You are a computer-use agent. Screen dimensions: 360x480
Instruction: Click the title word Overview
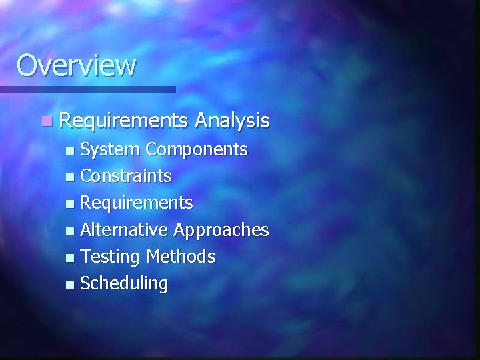pos(76,65)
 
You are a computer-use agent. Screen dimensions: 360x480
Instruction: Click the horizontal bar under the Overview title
pos(87,89)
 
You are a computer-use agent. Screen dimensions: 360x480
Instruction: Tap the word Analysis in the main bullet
pos(232,121)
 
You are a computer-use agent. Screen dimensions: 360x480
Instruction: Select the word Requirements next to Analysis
pos(124,121)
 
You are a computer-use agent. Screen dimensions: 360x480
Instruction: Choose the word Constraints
pos(126,177)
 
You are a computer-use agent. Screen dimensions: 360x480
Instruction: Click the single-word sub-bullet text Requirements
pos(137,203)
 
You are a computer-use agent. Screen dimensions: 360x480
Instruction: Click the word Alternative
pos(125,230)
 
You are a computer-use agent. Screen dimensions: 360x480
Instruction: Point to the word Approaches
pos(221,230)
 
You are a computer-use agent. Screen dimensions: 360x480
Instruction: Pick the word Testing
pos(111,257)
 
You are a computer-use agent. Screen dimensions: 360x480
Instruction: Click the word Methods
pos(181,257)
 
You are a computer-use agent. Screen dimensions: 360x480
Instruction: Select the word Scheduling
pos(124,283)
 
